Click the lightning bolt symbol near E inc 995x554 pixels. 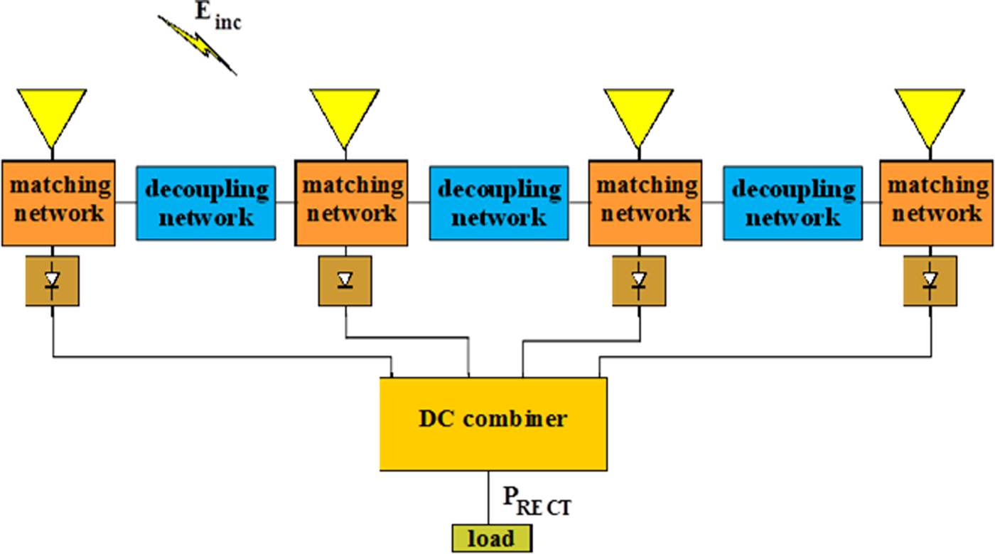point(197,44)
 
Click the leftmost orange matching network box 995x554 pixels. point(58,203)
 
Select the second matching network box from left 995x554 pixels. point(350,203)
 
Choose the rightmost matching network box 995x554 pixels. point(936,203)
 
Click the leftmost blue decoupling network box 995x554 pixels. point(206,203)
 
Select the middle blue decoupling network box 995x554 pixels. point(499,203)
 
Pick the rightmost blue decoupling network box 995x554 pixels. point(792,203)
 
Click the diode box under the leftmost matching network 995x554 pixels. point(52,281)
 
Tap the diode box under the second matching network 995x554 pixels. point(345,281)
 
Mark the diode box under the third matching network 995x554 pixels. point(639,281)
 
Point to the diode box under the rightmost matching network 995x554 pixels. point(930,281)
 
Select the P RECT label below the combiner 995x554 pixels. point(537,502)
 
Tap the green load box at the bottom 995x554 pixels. point(491,538)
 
